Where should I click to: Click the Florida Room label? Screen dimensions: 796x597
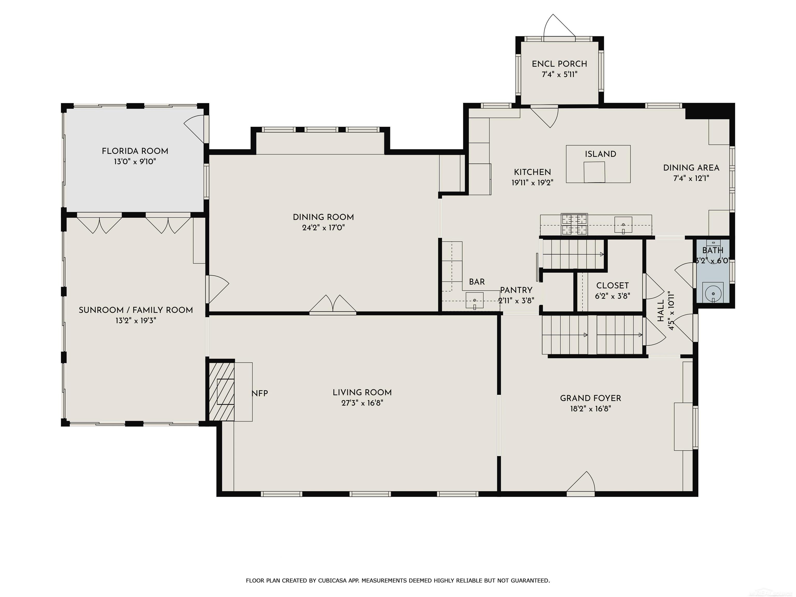pyautogui.click(x=135, y=151)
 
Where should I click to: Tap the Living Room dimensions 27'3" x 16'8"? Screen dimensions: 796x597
pyautogui.click(x=362, y=403)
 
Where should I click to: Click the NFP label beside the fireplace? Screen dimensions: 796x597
pyautogui.click(x=260, y=393)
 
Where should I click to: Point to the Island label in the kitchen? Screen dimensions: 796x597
pyautogui.click(x=600, y=154)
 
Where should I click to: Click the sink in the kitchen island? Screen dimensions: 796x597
pyautogui.click(x=594, y=172)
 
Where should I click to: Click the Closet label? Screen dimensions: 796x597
pyautogui.click(x=613, y=286)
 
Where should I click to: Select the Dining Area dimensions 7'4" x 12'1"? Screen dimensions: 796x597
pyautogui.click(x=691, y=178)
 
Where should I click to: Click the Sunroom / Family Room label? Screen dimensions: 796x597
pyautogui.click(x=136, y=310)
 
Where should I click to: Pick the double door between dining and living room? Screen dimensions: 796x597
pyautogui.click(x=333, y=304)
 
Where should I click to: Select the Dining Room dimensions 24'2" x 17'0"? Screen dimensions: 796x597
pyautogui.click(x=324, y=228)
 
